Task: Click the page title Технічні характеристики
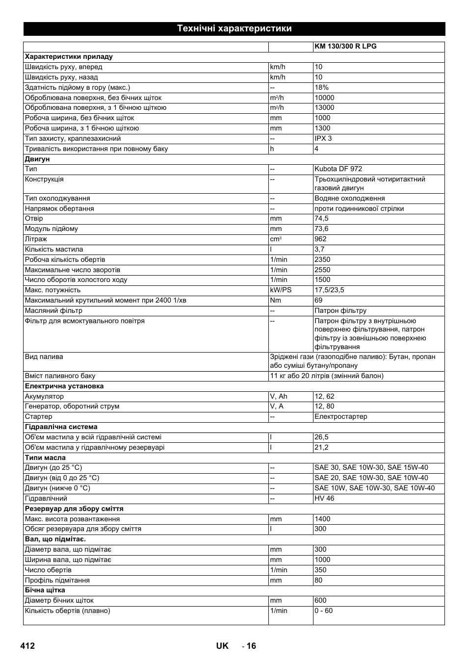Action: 234,28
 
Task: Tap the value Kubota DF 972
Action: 338,169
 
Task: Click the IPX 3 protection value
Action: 323,138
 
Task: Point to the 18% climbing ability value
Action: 321,87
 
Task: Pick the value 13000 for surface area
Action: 324,107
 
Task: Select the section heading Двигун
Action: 37,159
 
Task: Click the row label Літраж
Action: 36,239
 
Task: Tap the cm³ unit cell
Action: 276,239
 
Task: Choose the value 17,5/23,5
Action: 329,290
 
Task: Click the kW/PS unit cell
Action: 281,290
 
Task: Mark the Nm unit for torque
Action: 275,300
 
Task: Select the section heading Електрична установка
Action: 64,386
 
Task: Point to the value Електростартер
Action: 340,416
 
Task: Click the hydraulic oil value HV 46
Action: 324,498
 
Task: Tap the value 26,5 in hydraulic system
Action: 321,437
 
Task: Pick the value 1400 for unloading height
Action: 322,519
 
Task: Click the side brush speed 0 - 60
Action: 323,611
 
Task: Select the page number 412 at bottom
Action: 28,646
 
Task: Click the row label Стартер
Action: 38,416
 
